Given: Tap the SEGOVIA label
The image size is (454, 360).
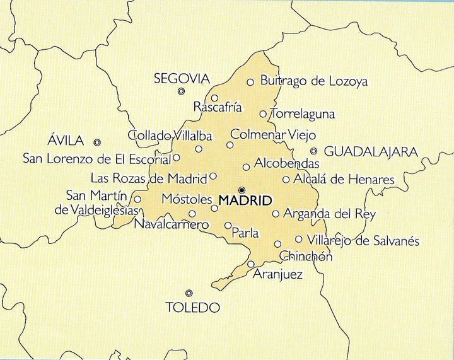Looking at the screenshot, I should (x=182, y=79).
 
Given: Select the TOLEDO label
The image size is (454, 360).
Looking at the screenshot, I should (x=192, y=308).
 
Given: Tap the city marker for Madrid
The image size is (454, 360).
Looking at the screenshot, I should (x=242, y=190).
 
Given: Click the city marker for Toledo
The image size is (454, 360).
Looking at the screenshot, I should (x=189, y=293).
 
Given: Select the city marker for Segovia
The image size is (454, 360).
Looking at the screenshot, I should (x=181, y=91).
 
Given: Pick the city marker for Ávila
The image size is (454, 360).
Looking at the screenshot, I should (x=97, y=142).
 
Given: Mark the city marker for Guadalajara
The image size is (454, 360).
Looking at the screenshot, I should (x=314, y=151).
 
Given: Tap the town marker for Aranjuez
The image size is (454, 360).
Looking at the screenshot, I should (x=251, y=264).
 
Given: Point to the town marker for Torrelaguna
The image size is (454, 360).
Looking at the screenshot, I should (x=264, y=114).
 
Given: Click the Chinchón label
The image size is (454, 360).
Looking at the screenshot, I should (x=305, y=256).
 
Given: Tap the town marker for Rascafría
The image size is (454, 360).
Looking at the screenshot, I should (x=214, y=98).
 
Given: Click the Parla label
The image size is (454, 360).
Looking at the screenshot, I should (x=245, y=233).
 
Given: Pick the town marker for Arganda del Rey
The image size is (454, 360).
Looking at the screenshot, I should (x=276, y=214).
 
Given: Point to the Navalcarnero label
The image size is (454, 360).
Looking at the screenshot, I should (x=172, y=224).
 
